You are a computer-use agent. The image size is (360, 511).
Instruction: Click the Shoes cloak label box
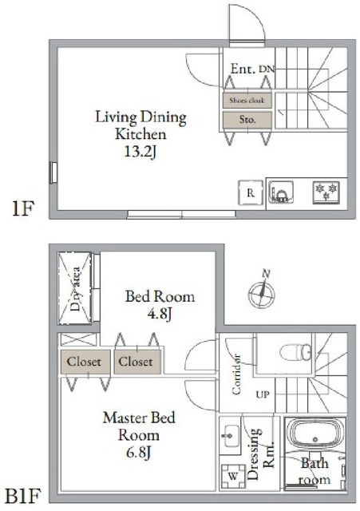click(247, 101)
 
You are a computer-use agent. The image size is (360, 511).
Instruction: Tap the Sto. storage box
click(247, 120)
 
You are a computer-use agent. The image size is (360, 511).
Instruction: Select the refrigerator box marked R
click(250, 193)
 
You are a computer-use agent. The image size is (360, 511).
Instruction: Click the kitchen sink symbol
click(282, 194)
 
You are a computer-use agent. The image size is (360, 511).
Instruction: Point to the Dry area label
click(77, 290)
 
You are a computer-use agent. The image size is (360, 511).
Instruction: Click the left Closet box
click(84, 362)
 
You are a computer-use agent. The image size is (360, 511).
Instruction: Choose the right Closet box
click(137, 362)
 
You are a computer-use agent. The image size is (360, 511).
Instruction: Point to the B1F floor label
click(23, 489)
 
